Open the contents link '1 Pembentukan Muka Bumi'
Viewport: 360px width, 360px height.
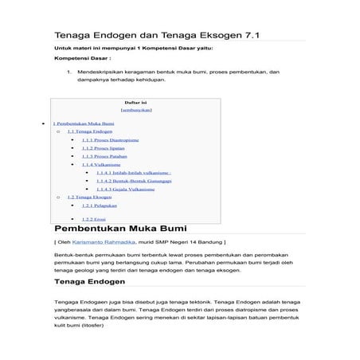coord(84,123)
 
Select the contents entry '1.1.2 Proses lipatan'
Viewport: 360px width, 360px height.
coord(104,148)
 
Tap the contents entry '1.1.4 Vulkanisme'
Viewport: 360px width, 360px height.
coord(101,164)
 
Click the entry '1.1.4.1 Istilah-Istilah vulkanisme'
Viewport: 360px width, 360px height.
coord(134,173)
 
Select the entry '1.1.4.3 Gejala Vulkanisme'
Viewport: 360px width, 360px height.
coord(125,189)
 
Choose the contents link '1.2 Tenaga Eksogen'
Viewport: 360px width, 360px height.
coord(90,197)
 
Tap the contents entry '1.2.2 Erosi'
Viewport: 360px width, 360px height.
coord(93,218)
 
